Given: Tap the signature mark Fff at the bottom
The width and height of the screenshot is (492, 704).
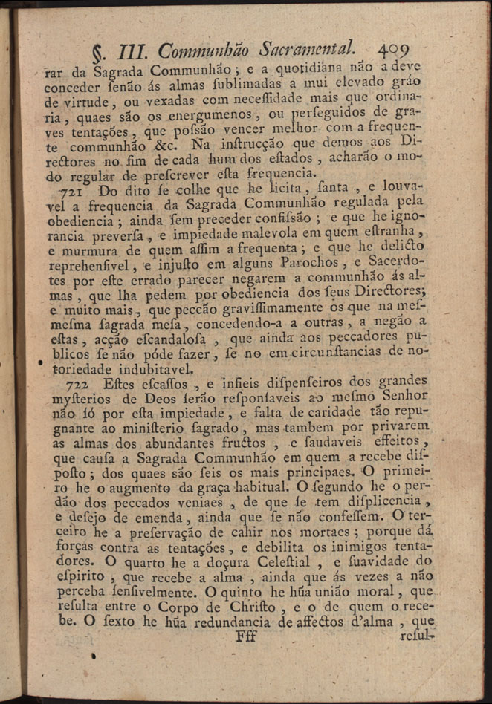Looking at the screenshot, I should coord(245,636).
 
